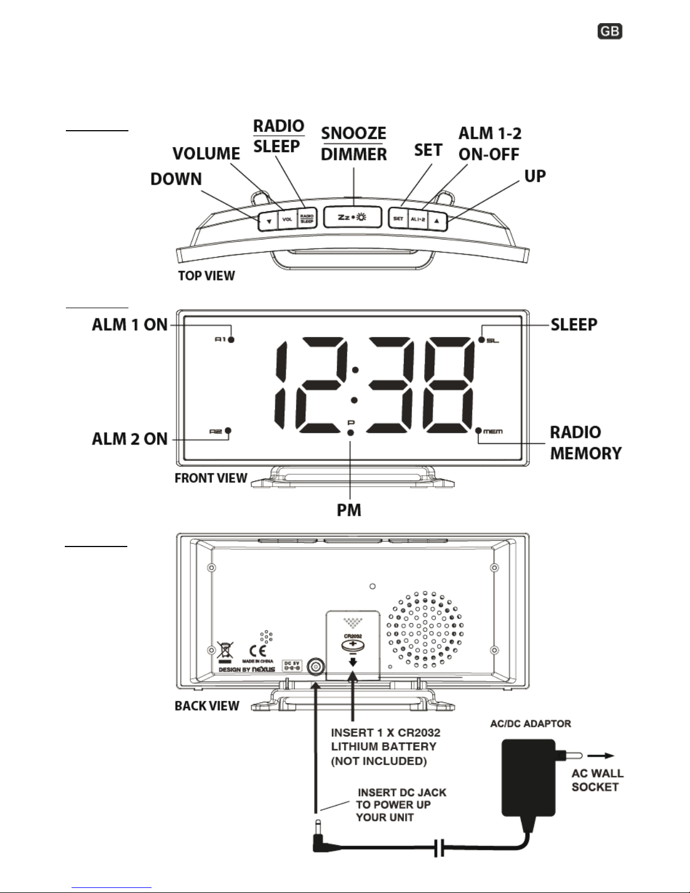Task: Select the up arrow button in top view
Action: (437, 220)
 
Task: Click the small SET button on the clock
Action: (398, 219)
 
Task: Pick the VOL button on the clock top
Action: (287, 219)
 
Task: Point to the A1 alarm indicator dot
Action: (232, 340)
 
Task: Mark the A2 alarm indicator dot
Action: (228, 432)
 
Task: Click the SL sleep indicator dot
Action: (482, 340)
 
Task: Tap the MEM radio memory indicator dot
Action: (479, 432)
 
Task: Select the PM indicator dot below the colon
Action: (350, 433)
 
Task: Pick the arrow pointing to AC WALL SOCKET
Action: (602, 757)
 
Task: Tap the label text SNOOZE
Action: (354, 133)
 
